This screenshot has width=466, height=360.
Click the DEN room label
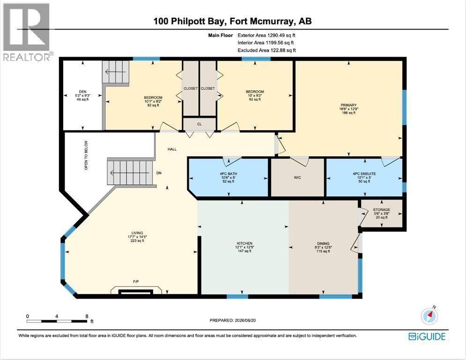(82, 91)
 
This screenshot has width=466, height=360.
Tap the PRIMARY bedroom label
(348, 105)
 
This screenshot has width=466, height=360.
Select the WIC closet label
(297, 178)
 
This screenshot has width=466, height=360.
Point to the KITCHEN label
(244, 243)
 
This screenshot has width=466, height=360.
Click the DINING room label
(323, 243)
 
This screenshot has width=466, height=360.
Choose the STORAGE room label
(382, 210)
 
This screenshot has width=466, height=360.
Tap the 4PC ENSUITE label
(364, 174)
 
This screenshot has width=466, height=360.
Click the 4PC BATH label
(228, 174)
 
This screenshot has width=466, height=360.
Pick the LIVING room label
(137, 233)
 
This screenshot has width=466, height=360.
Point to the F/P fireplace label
(136, 281)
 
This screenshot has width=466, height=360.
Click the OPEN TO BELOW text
(86, 155)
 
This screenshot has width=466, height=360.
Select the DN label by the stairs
(159, 173)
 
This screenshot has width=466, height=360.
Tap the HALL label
(172, 149)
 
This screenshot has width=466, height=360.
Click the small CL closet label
(200, 124)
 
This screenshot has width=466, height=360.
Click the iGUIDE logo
(427, 337)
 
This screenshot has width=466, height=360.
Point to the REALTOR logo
(27, 32)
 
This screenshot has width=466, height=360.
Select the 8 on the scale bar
(87, 316)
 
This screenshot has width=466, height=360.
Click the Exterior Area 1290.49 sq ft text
(266, 35)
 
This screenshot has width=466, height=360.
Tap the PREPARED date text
(233, 321)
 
